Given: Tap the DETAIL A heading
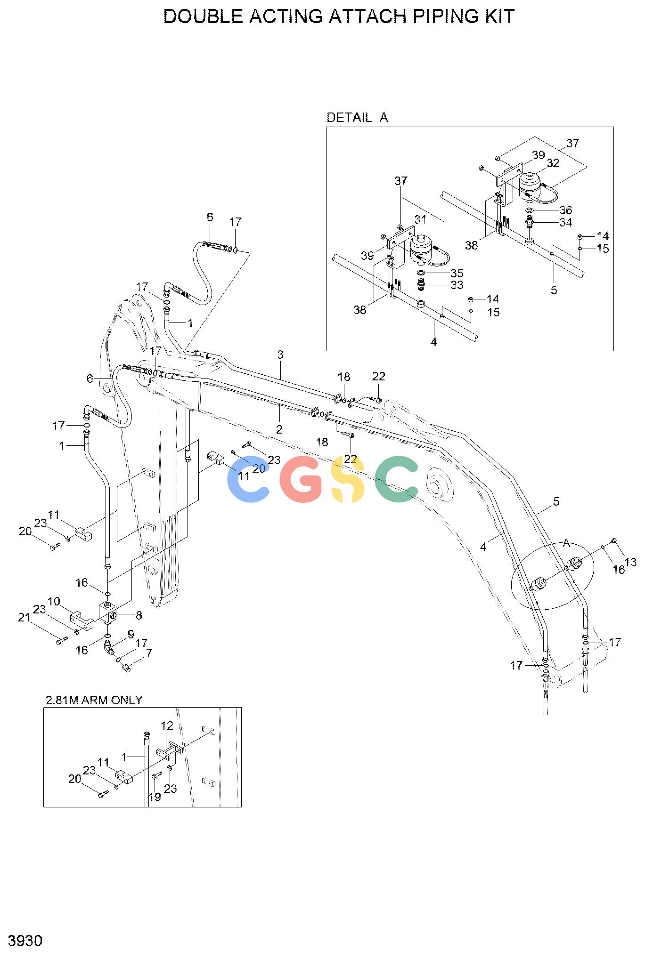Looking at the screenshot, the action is tap(357, 117).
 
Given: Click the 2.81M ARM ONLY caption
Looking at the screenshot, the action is tap(94, 700).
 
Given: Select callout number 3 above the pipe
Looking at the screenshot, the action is tap(280, 355).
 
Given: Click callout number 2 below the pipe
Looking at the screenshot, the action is tap(279, 429).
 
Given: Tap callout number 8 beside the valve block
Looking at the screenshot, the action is tap(139, 615).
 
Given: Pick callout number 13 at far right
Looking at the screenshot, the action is tap(630, 562).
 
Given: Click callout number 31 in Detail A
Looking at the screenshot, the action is tap(420, 219).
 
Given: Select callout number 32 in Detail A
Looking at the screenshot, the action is tap(553, 163).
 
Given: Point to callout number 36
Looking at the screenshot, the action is tap(565, 210).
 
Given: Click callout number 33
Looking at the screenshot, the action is tap(457, 285).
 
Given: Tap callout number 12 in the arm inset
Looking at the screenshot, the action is tap(167, 725).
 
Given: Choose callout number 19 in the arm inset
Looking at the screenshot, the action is tap(155, 797).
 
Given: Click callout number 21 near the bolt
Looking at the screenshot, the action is tap(24, 617).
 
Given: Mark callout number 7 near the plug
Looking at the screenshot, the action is tap(149, 653).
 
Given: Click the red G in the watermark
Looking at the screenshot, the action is tap(302, 479).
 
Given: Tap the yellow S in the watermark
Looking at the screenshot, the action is tap(348, 479).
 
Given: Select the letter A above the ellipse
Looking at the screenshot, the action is tap(566, 544).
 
